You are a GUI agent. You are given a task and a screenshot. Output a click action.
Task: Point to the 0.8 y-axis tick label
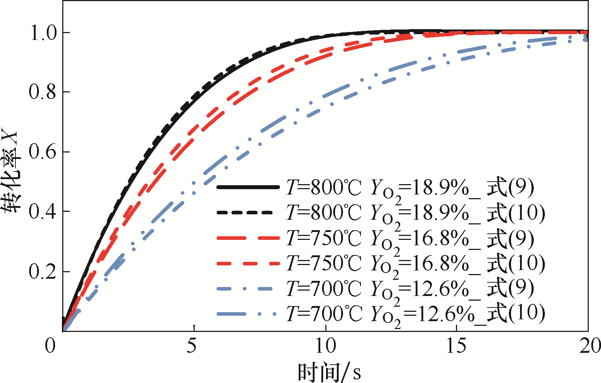tap(43, 92)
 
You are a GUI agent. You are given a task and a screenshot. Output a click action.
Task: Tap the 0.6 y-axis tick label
tap(43, 152)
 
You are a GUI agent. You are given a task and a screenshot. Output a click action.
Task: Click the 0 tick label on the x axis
tap(50, 346)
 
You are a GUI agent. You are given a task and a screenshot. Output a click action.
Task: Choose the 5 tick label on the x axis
tap(192, 346)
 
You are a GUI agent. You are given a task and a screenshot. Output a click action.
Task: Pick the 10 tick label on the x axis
tap(325, 346)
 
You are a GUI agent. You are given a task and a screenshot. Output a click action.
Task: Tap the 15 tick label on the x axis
tap(456, 346)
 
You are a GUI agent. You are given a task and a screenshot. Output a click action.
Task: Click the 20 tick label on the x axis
tap(589, 346)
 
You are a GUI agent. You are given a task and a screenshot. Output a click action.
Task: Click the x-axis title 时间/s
tap(329, 372)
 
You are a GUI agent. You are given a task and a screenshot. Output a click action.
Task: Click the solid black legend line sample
tap(248, 187)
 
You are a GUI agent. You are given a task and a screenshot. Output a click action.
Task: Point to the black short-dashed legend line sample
tap(248, 213)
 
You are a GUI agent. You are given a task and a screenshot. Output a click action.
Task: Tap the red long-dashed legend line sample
tap(248, 238)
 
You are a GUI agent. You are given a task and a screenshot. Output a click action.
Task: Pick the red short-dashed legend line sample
tap(248, 264)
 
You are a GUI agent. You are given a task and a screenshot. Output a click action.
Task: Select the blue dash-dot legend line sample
tap(248, 289)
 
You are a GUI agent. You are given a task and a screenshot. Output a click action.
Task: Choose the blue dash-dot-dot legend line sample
tap(248, 314)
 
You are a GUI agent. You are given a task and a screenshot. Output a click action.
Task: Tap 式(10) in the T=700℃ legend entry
tap(515, 313)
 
